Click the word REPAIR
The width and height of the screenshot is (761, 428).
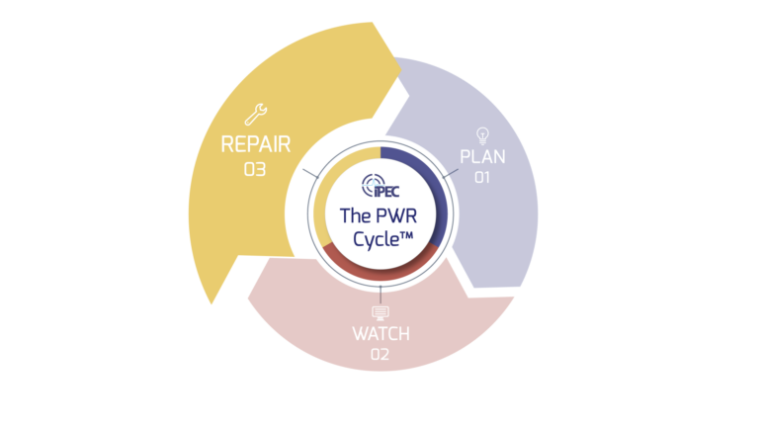pos(256,145)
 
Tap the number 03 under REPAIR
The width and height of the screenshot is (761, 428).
pos(255,170)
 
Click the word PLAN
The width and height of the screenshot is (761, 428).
pos(482,157)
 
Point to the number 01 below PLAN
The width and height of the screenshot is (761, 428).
pos(482,179)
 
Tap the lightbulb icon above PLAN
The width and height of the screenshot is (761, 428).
pos(482,134)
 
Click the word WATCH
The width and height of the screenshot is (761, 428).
pos(380,334)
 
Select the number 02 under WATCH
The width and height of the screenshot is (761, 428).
pos(380,355)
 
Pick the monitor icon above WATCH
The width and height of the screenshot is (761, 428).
pos(380,312)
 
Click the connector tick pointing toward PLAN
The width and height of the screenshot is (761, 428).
pos(451,175)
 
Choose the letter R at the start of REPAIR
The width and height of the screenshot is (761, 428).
pos(227,145)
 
